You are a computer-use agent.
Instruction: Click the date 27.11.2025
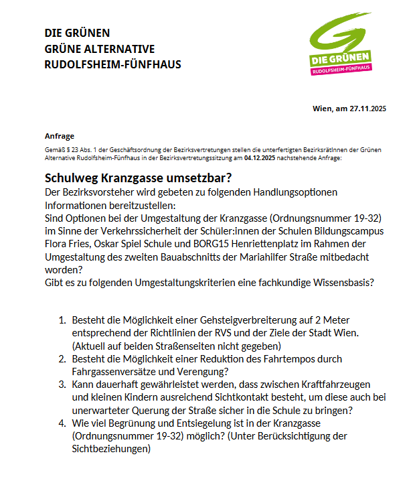[x=368, y=109]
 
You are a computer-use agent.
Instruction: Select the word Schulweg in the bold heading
[x=73, y=178]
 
